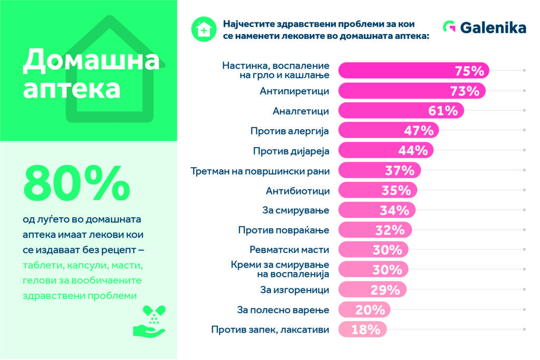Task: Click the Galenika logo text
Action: pos(493,27)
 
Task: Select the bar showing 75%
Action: pos(413,71)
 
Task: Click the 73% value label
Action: pos(465,91)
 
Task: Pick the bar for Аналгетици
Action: pos(401,111)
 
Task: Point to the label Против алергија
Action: pos(290,131)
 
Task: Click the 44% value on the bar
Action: pos(413,151)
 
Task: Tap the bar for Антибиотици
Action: pos(378,190)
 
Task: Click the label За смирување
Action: pos(295,210)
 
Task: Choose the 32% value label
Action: pos(391,230)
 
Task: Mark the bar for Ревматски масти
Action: pos(373,250)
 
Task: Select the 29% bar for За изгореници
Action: pos(372,290)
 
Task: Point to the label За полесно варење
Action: pos(283,309)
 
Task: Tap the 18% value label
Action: pos(366,329)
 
